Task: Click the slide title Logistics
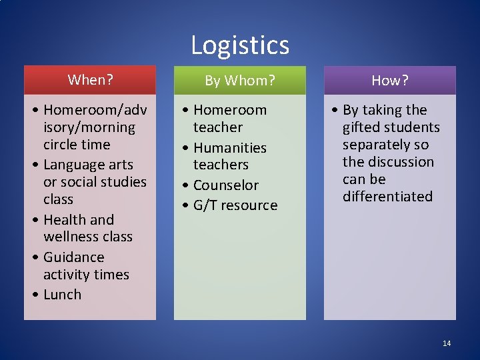click(x=240, y=45)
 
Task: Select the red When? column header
click(x=90, y=80)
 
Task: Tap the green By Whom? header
click(x=239, y=81)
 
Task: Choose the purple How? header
click(x=389, y=81)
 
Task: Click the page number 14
click(x=447, y=343)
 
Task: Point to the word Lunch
click(x=62, y=295)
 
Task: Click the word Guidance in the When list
click(x=73, y=257)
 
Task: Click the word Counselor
click(x=225, y=185)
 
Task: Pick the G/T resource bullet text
click(x=235, y=205)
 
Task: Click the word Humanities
click(x=229, y=148)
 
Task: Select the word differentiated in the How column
click(x=387, y=197)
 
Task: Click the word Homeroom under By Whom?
click(x=229, y=110)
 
